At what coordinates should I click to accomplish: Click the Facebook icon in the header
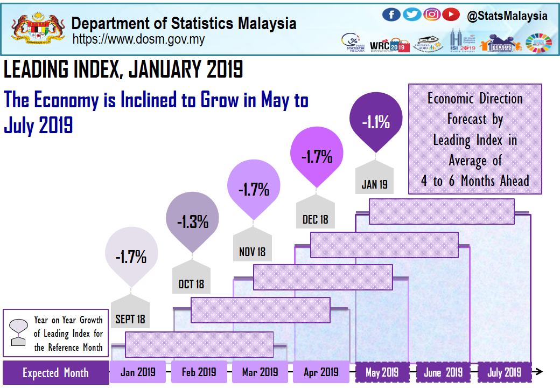(x=391, y=15)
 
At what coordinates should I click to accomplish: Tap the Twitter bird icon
(x=412, y=15)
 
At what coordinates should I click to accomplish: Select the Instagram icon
(x=432, y=15)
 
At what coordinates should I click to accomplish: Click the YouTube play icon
(x=451, y=15)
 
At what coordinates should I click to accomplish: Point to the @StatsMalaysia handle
(x=507, y=16)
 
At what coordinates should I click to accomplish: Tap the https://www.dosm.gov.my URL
(x=138, y=39)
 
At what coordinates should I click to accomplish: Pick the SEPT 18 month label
(x=130, y=319)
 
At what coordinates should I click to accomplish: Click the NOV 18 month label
(x=252, y=252)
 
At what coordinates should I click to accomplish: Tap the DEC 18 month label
(x=315, y=220)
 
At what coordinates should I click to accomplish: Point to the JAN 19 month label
(x=374, y=185)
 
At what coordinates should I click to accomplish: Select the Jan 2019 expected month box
(x=138, y=372)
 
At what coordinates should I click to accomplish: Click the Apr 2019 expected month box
(x=321, y=372)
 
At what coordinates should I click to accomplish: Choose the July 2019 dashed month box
(x=504, y=372)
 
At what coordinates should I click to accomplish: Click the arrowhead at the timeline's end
(x=538, y=372)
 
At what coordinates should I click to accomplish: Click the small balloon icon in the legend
(x=19, y=329)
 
